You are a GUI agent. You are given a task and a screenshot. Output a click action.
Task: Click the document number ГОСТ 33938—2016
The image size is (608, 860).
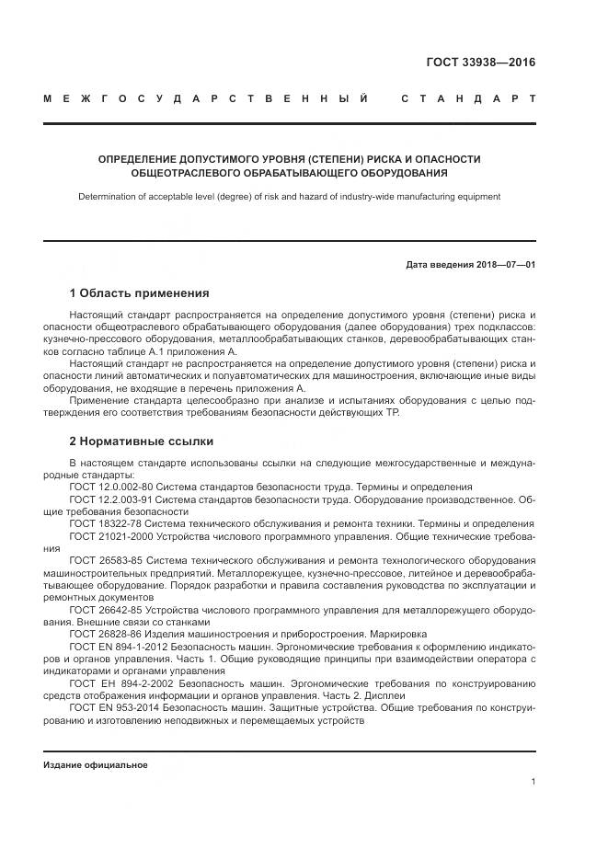click(x=481, y=63)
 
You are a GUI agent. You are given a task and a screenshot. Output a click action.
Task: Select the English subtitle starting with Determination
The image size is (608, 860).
click(x=289, y=196)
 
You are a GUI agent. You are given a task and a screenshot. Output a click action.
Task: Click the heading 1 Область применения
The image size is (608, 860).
click(x=139, y=293)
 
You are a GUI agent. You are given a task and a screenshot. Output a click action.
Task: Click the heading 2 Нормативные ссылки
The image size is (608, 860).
click(x=141, y=441)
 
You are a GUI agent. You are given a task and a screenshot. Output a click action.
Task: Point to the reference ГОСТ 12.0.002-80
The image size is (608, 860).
click(x=106, y=487)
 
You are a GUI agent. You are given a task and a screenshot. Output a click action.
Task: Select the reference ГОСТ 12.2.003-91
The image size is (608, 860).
click(x=106, y=499)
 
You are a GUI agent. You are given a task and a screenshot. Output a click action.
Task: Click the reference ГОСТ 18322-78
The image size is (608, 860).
click(x=102, y=523)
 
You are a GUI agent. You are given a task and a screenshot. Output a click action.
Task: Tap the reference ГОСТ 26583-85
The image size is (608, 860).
click(x=104, y=560)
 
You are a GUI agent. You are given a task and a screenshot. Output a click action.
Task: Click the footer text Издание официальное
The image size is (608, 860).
click(x=95, y=764)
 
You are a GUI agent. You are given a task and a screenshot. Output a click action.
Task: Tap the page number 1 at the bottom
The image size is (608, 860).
click(x=533, y=781)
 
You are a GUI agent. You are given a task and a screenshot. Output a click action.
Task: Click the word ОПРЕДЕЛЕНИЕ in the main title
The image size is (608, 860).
click(x=141, y=159)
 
